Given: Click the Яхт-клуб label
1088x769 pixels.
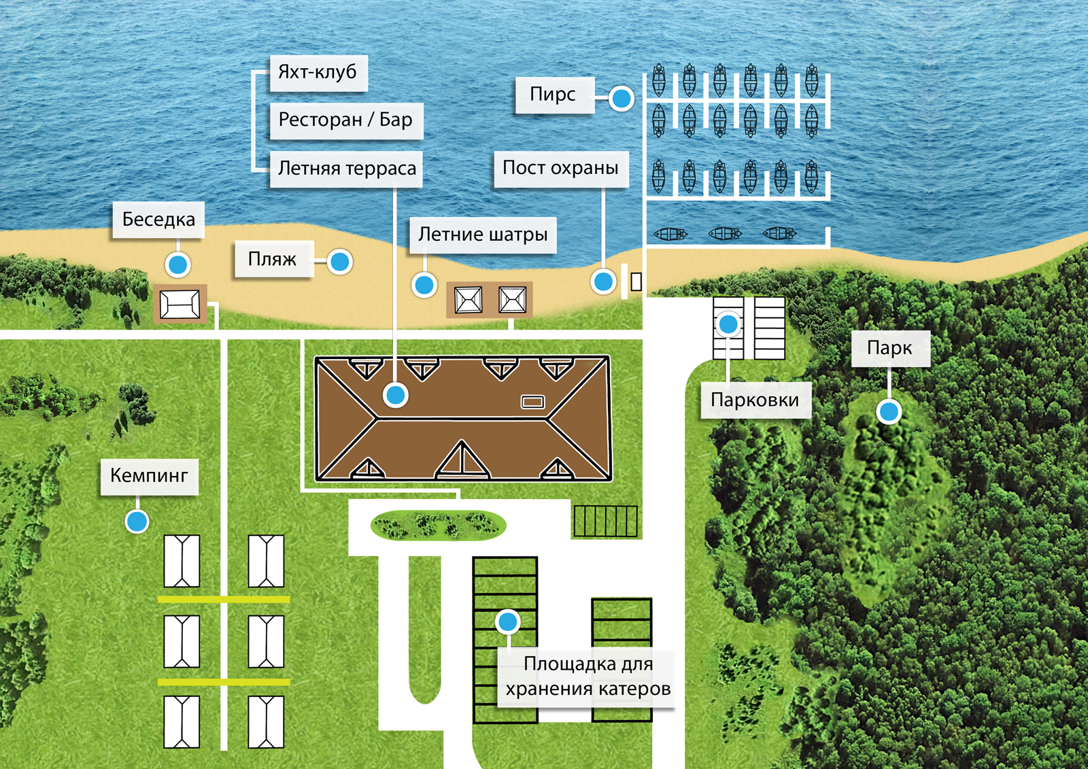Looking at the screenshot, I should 318,72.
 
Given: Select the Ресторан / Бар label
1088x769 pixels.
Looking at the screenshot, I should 345,120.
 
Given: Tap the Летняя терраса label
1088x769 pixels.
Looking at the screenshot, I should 347,169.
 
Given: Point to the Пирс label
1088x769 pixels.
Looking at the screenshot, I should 553,95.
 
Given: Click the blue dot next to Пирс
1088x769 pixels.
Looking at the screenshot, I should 621,99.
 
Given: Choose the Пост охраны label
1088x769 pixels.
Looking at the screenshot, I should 560,168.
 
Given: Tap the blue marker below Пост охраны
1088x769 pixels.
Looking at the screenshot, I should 603,281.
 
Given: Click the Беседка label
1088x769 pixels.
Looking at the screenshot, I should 158,220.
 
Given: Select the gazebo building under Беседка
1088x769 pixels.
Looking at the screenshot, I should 180,303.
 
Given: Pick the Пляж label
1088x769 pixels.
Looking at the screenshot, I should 273,259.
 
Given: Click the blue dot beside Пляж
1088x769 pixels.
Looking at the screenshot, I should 339,261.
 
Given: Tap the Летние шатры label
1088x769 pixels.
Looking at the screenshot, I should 483,235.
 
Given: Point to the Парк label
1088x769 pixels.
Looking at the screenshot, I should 889,348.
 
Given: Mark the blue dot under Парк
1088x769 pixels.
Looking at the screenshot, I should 889,411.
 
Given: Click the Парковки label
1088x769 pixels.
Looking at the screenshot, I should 755,400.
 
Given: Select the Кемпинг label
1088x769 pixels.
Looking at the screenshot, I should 149,475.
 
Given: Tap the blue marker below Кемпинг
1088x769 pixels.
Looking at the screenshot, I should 137,522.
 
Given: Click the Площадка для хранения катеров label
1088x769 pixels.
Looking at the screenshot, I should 588,676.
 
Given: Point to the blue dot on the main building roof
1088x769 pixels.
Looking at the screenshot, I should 395,394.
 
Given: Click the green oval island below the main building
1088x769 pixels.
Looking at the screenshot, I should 438,526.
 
